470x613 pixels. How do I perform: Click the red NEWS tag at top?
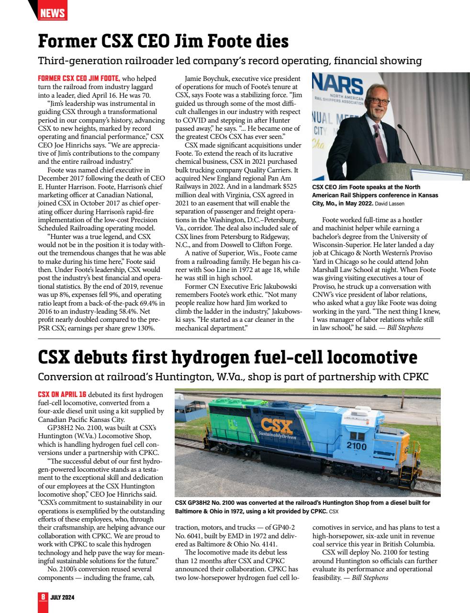tap(52, 13)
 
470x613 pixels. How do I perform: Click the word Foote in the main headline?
tap(223, 41)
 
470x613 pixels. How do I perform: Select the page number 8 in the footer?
tap(43, 597)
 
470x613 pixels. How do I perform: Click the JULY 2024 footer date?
tap(62, 598)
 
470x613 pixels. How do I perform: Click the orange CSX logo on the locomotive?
tap(276, 426)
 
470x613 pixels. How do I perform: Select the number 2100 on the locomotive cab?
tap(356, 446)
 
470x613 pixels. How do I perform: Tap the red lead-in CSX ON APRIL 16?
tap(62, 394)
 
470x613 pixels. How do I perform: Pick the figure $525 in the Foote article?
tap(289, 186)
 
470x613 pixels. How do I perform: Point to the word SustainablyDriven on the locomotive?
tap(277, 437)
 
